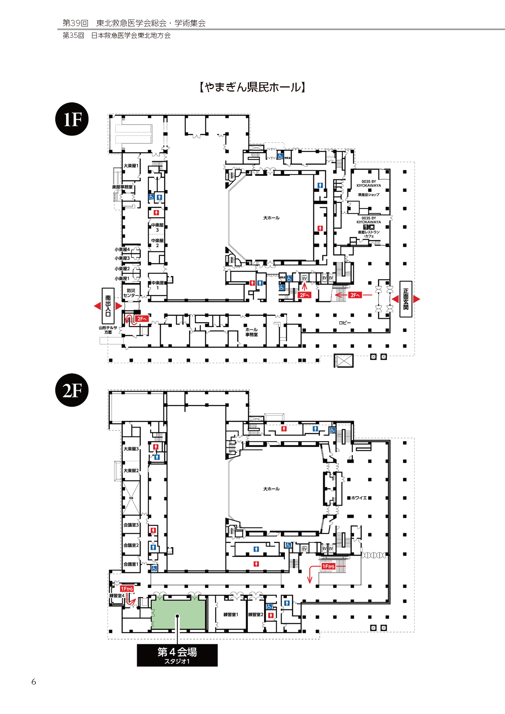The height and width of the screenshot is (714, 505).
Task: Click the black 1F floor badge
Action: (72, 119)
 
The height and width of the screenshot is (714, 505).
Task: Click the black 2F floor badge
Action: (72, 390)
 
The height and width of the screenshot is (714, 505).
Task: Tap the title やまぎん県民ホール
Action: (252, 87)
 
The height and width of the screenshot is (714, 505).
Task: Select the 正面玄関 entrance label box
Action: (406, 299)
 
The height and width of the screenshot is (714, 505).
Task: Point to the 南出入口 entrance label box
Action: (108, 306)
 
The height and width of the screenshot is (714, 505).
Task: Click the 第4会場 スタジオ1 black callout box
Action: (177, 655)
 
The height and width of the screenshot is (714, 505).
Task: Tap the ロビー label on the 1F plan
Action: (345, 323)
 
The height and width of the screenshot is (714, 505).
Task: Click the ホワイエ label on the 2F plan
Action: (359, 498)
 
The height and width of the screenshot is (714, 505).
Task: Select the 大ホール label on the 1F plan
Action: (271, 218)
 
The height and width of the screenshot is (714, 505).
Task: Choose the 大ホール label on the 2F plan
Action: (271, 489)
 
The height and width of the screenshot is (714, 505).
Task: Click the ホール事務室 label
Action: (251, 332)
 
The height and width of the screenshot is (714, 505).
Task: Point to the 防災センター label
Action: (131, 293)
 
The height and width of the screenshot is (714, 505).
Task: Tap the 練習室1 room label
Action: (231, 615)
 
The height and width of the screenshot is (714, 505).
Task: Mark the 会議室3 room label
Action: (131, 525)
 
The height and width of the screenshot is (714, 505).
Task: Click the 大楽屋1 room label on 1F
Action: (131, 166)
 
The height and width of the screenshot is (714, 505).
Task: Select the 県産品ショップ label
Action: (369, 195)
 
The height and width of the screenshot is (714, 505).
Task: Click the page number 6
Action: (34, 682)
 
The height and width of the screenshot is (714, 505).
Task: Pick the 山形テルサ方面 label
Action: (108, 330)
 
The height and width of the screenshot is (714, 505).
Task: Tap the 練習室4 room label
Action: (117, 596)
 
